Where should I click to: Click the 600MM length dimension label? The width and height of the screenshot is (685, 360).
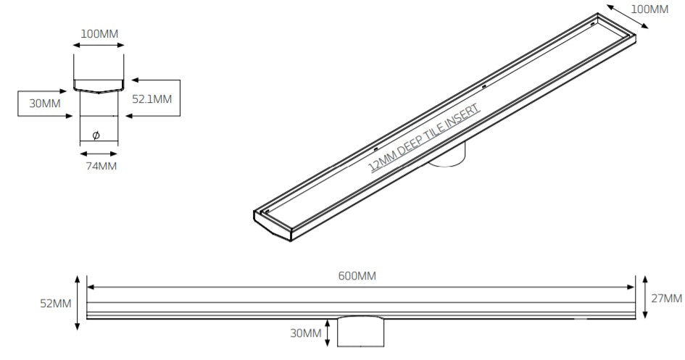tap(357, 276)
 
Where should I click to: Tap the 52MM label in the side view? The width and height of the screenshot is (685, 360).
tap(56, 304)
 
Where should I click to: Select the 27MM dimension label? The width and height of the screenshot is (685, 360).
tap(666, 298)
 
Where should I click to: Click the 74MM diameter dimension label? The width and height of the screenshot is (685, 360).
tap(101, 167)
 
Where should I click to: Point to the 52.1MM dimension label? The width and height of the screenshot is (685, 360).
tap(151, 99)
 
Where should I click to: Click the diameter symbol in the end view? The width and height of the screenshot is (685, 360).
tap(96, 135)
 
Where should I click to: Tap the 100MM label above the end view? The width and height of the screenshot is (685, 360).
tap(99, 33)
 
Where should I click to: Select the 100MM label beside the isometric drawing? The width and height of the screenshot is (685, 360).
tap(649, 9)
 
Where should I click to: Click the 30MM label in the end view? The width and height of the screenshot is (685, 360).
tap(44, 104)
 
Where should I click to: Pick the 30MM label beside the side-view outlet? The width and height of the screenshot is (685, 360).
tap(306, 333)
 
